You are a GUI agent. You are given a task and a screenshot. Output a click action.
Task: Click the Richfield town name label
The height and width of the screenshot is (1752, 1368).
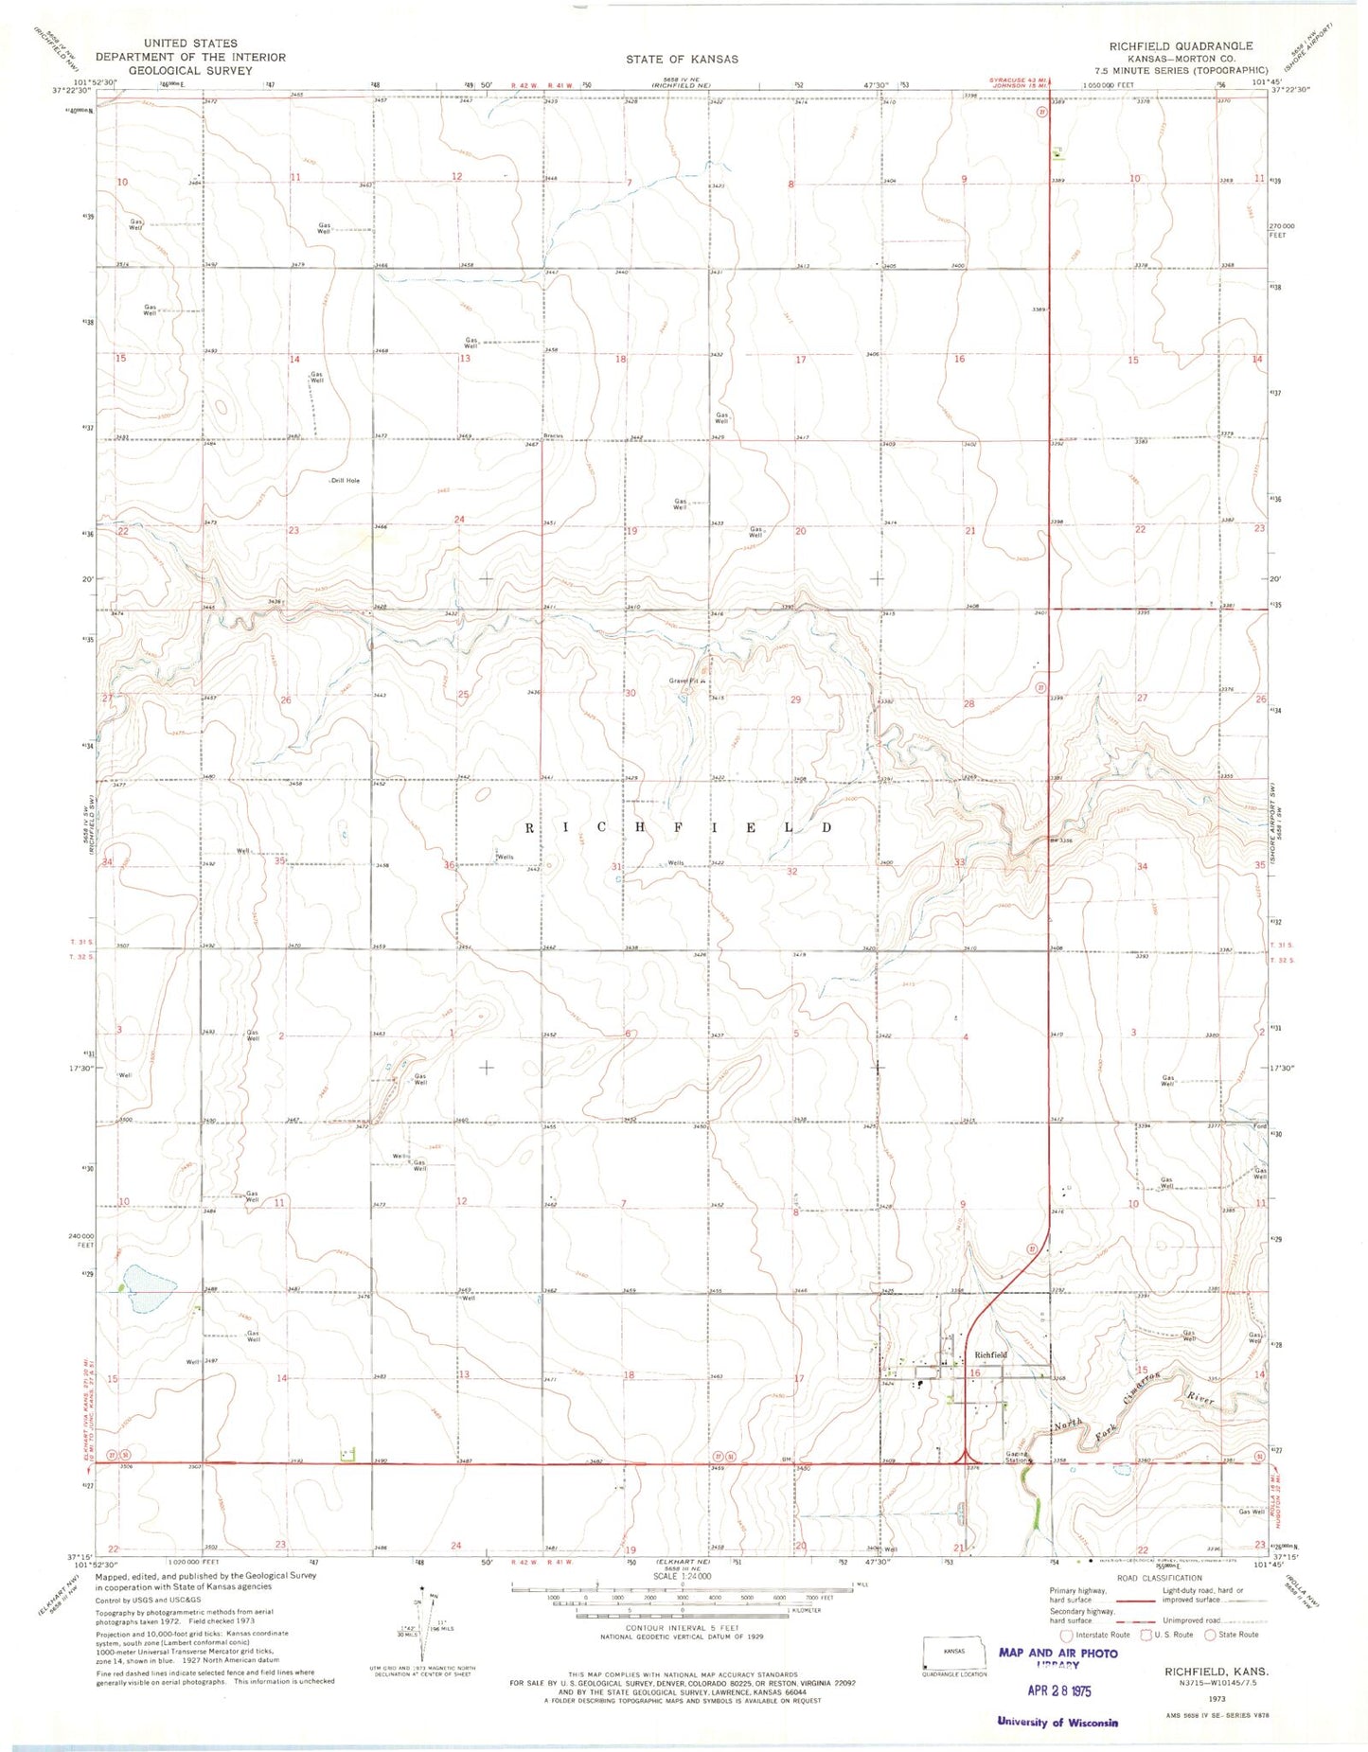click(990, 1354)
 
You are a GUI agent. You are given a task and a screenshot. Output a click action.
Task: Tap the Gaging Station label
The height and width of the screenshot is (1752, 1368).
click(1017, 1458)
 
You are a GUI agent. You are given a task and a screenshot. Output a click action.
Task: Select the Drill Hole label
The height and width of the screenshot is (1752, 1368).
click(345, 481)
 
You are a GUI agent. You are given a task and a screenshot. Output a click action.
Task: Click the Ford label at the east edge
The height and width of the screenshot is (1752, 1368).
click(1259, 1126)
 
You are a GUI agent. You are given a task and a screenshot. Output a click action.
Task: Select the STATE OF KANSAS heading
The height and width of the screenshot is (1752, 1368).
click(682, 59)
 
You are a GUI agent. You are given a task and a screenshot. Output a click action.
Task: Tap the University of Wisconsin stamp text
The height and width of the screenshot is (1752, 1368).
click(1057, 1722)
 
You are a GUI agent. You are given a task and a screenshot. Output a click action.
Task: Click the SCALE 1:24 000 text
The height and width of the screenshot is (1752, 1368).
click(681, 1577)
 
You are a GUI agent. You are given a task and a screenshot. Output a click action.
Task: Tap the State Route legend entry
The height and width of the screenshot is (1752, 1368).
click(1231, 1635)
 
